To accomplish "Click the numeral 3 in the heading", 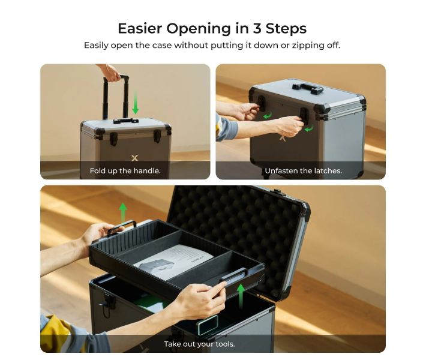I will point(262,28).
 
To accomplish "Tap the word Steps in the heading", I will point(288,28).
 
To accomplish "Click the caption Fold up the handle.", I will point(125,171).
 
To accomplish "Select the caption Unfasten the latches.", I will point(303,171).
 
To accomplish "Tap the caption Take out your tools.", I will point(199,344).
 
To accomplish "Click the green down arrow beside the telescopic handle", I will point(136,103).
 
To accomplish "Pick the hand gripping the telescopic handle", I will point(111,73).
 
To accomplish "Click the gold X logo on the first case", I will point(134,158).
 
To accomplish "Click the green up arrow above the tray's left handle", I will point(123,212).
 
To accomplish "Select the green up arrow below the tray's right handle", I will point(241,295).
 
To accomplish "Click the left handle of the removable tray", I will point(120,229).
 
